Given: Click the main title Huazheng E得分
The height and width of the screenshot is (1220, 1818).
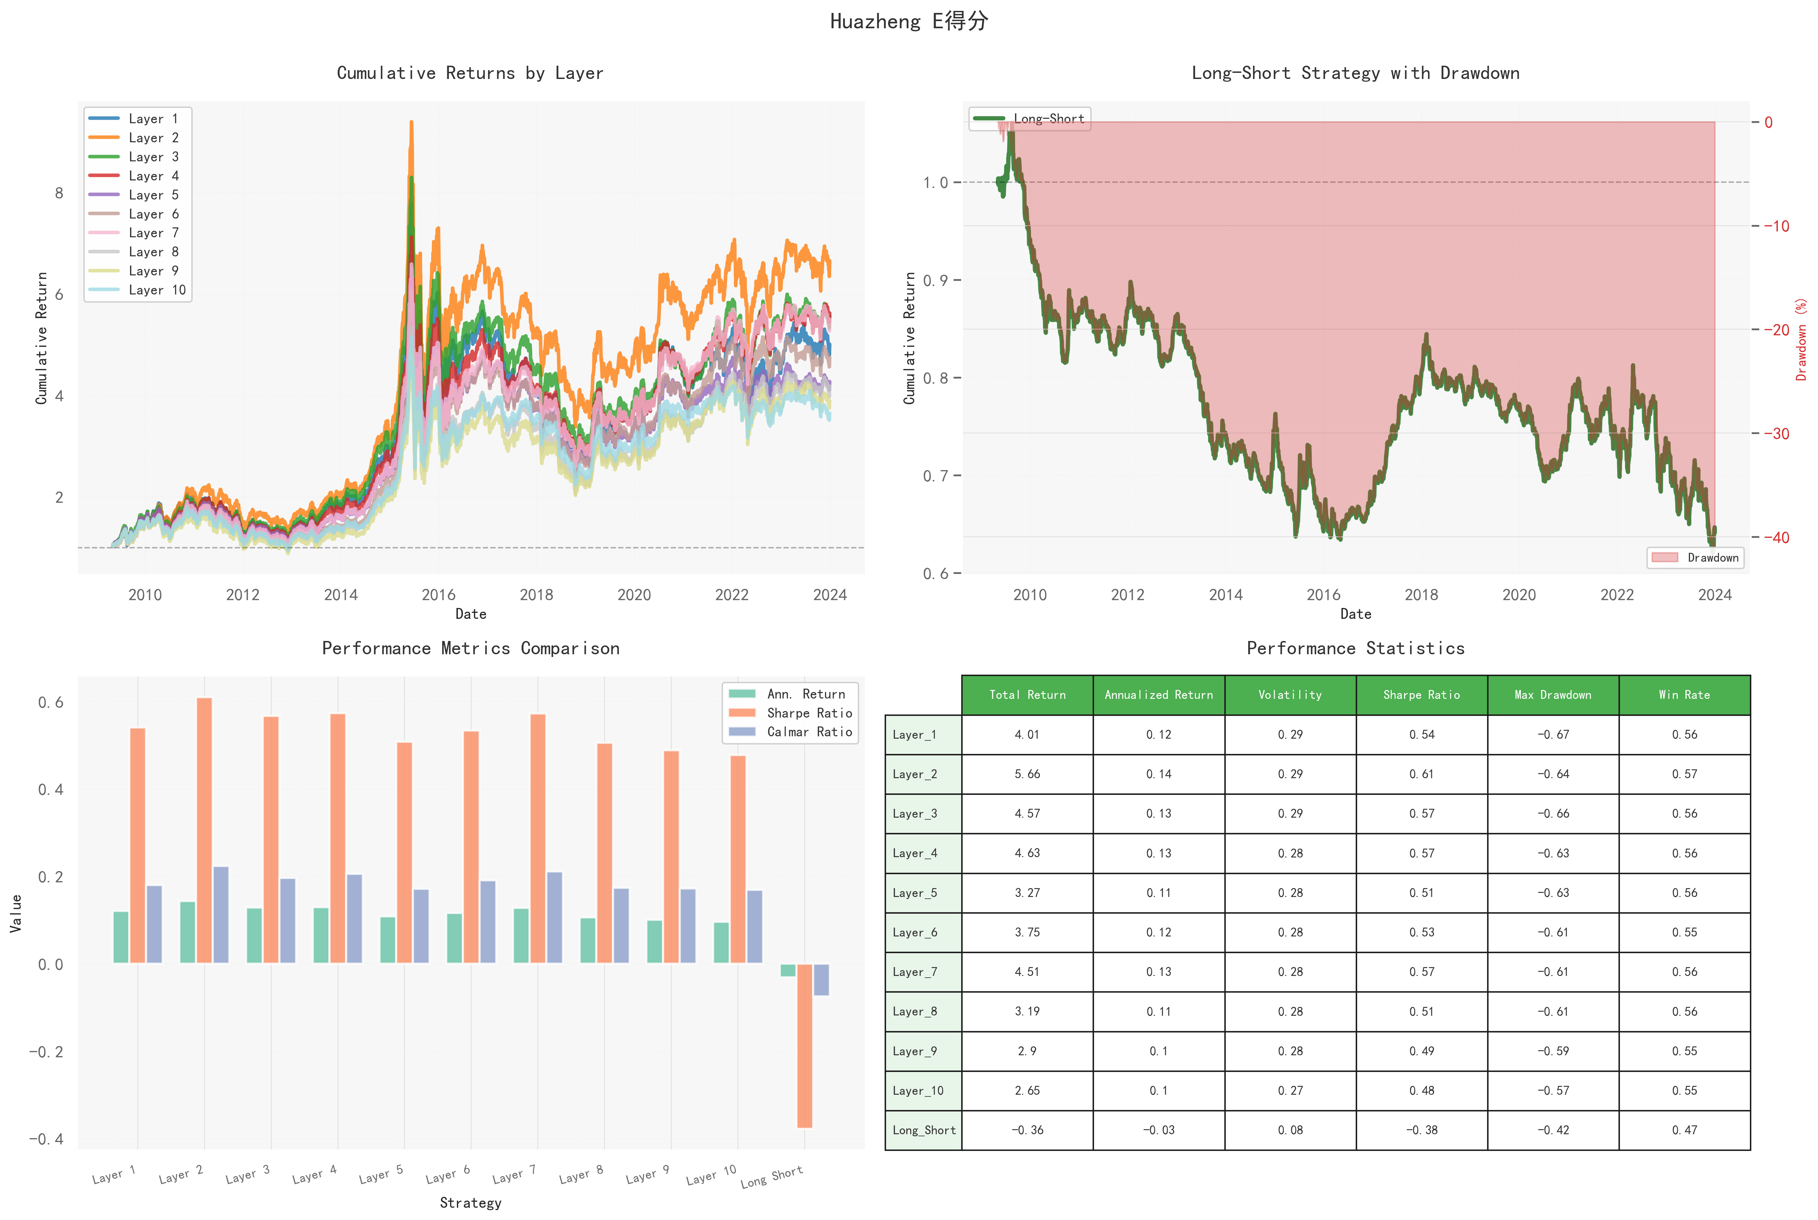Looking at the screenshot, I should [908, 21].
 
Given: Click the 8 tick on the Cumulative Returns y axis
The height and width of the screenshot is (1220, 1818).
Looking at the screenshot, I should [59, 193].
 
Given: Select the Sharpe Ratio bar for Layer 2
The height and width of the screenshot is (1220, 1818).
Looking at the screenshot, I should [204, 830].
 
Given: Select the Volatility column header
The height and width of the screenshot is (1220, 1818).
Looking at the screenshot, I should [1290, 695].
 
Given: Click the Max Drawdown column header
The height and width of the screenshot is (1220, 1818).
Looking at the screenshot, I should [1553, 695].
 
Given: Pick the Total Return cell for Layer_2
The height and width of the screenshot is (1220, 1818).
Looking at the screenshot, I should [1027, 774].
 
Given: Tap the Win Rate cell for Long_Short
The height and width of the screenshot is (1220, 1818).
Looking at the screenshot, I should [1684, 1130].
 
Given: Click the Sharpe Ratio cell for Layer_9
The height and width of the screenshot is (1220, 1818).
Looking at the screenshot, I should [1421, 1051].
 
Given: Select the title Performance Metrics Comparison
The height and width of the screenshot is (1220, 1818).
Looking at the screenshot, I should [471, 648].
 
